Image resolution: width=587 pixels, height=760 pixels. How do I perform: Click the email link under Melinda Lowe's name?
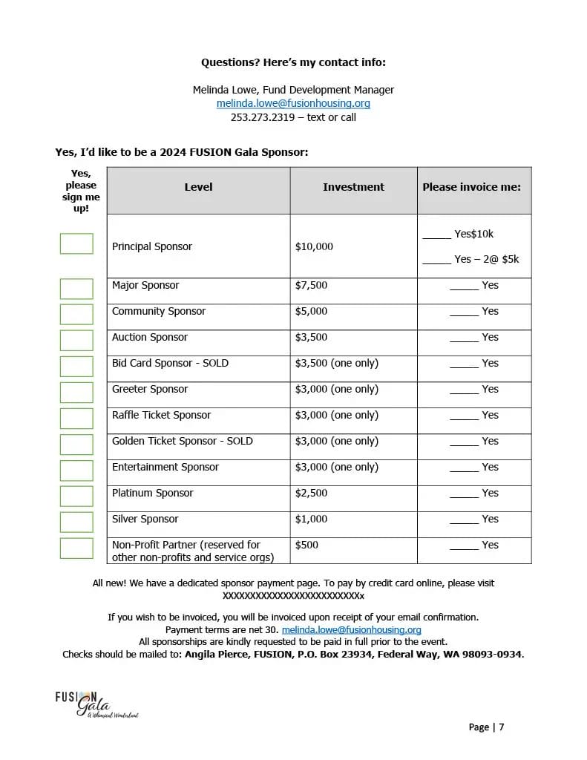(x=293, y=104)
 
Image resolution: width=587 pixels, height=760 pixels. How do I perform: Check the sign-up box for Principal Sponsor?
(x=76, y=243)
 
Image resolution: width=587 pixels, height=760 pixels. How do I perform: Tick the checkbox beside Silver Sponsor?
(x=76, y=522)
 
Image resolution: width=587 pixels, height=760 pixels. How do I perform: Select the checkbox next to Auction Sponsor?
(x=76, y=340)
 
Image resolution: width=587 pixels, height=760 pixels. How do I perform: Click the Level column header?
(x=198, y=188)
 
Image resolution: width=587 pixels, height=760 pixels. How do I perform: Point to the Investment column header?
(x=353, y=188)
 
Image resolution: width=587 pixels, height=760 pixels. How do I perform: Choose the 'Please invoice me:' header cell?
(x=472, y=188)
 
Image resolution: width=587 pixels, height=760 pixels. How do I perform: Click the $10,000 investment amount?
(x=315, y=246)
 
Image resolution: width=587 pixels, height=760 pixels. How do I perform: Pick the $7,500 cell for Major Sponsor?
(x=312, y=285)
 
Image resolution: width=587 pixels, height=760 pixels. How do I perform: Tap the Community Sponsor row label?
(x=159, y=311)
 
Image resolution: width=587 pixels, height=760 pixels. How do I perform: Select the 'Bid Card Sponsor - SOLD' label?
(x=170, y=363)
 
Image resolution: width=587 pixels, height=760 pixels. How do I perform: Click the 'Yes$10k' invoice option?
(x=473, y=235)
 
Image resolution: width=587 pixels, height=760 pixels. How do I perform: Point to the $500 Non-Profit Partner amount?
(x=307, y=545)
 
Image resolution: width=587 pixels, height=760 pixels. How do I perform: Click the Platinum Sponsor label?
(x=152, y=493)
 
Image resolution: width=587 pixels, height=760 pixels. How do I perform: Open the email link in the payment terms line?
(x=351, y=629)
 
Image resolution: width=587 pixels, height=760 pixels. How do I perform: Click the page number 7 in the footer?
(x=502, y=727)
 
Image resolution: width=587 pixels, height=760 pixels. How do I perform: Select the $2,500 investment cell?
(x=312, y=493)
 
